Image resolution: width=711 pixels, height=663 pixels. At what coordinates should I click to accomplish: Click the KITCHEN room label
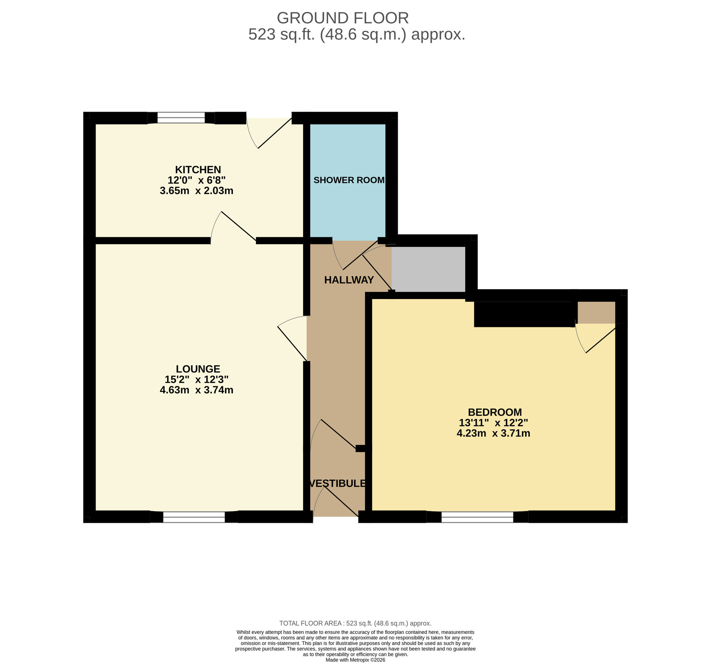(x=198, y=170)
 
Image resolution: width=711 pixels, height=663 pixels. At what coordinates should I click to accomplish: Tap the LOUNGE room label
(x=198, y=369)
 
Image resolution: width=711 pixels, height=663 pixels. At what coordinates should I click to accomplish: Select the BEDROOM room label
(x=495, y=412)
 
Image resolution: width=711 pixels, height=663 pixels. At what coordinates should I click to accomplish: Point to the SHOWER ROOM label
(x=349, y=180)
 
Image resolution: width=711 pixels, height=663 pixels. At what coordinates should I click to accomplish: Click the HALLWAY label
(x=349, y=280)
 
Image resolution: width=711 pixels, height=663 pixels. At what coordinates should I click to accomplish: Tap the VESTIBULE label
(x=337, y=483)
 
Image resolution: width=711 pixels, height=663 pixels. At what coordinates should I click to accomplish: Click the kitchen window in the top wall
(x=181, y=118)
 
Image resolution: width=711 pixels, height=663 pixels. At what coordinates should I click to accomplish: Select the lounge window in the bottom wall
(x=194, y=517)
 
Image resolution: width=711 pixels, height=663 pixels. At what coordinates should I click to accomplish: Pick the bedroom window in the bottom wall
(x=477, y=517)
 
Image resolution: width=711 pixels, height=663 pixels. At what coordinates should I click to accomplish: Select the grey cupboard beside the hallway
(x=428, y=269)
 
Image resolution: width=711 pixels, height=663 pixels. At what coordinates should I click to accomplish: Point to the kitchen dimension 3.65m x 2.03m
(x=196, y=191)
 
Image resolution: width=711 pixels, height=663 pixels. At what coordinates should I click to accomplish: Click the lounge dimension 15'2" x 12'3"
(x=196, y=379)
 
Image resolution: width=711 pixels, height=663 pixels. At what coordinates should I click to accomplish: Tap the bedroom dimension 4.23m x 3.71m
(x=493, y=433)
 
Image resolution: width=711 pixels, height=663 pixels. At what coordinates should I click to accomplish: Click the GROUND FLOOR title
(x=342, y=18)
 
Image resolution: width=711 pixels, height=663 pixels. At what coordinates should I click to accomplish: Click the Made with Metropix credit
(x=355, y=660)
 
